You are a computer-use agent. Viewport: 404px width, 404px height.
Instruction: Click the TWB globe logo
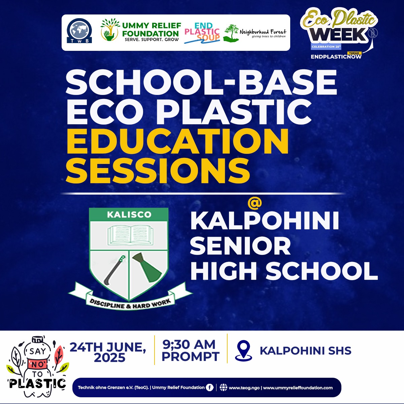(79, 31)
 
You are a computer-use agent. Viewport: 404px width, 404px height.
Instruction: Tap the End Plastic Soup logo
(202, 33)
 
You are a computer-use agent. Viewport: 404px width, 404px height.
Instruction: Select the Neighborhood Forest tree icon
(231, 33)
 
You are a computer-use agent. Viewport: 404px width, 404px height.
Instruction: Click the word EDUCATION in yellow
(177, 141)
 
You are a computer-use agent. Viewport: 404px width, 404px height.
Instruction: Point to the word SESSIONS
(158, 171)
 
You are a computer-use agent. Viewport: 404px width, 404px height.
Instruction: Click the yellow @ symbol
(255, 204)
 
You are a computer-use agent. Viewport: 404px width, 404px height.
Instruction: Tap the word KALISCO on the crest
(129, 214)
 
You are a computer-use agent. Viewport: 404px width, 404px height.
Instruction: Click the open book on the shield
(130, 235)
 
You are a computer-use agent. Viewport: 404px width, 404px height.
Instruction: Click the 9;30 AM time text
(189, 344)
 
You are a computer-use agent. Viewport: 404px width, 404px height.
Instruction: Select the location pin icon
(243, 350)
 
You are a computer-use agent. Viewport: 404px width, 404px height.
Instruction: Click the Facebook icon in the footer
(209, 387)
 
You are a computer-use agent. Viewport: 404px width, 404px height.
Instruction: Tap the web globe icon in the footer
(223, 388)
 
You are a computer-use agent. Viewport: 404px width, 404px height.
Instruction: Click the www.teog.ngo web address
(244, 388)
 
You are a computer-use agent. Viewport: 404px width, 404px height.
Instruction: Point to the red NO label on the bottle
(38, 365)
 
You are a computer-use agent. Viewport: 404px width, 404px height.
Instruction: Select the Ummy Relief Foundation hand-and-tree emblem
(110, 30)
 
